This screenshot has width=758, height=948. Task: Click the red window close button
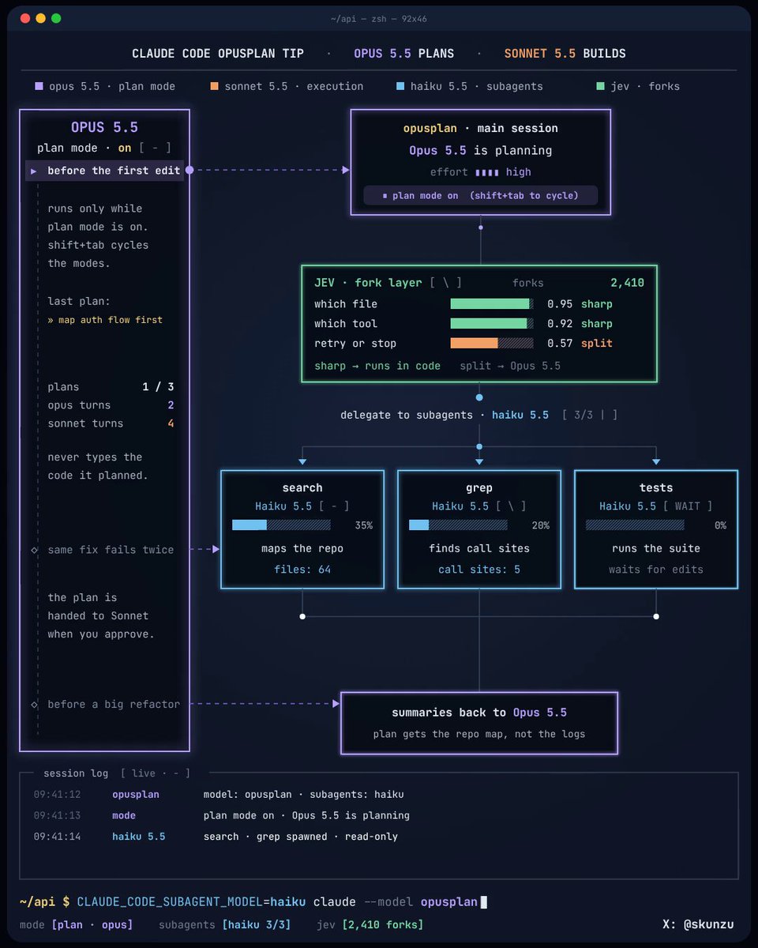click(x=25, y=18)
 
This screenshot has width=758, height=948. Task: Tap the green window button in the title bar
click(x=56, y=18)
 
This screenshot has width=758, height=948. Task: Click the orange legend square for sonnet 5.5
click(x=215, y=86)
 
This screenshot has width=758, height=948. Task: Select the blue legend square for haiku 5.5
click(x=400, y=86)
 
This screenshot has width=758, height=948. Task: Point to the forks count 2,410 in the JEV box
click(x=627, y=283)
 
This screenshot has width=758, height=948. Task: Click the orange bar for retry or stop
click(x=474, y=343)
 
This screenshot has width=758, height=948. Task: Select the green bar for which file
click(x=490, y=303)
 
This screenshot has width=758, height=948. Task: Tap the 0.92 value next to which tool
click(x=560, y=324)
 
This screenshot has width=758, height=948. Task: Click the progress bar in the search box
click(x=281, y=525)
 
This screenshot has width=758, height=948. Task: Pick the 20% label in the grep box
click(x=540, y=525)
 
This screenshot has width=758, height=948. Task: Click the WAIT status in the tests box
click(x=687, y=506)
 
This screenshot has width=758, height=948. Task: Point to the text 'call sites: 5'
click(x=479, y=570)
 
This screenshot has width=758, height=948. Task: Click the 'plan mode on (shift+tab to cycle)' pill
click(x=481, y=196)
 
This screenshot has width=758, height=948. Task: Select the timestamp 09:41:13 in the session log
click(x=58, y=815)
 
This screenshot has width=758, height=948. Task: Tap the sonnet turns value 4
click(x=171, y=423)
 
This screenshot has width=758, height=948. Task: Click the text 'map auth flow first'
click(x=111, y=320)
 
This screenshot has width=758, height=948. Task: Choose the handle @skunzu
click(x=709, y=924)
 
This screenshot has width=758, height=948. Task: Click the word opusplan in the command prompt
click(x=448, y=901)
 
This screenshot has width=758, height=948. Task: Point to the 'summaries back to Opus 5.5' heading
click(x=479, y=713)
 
